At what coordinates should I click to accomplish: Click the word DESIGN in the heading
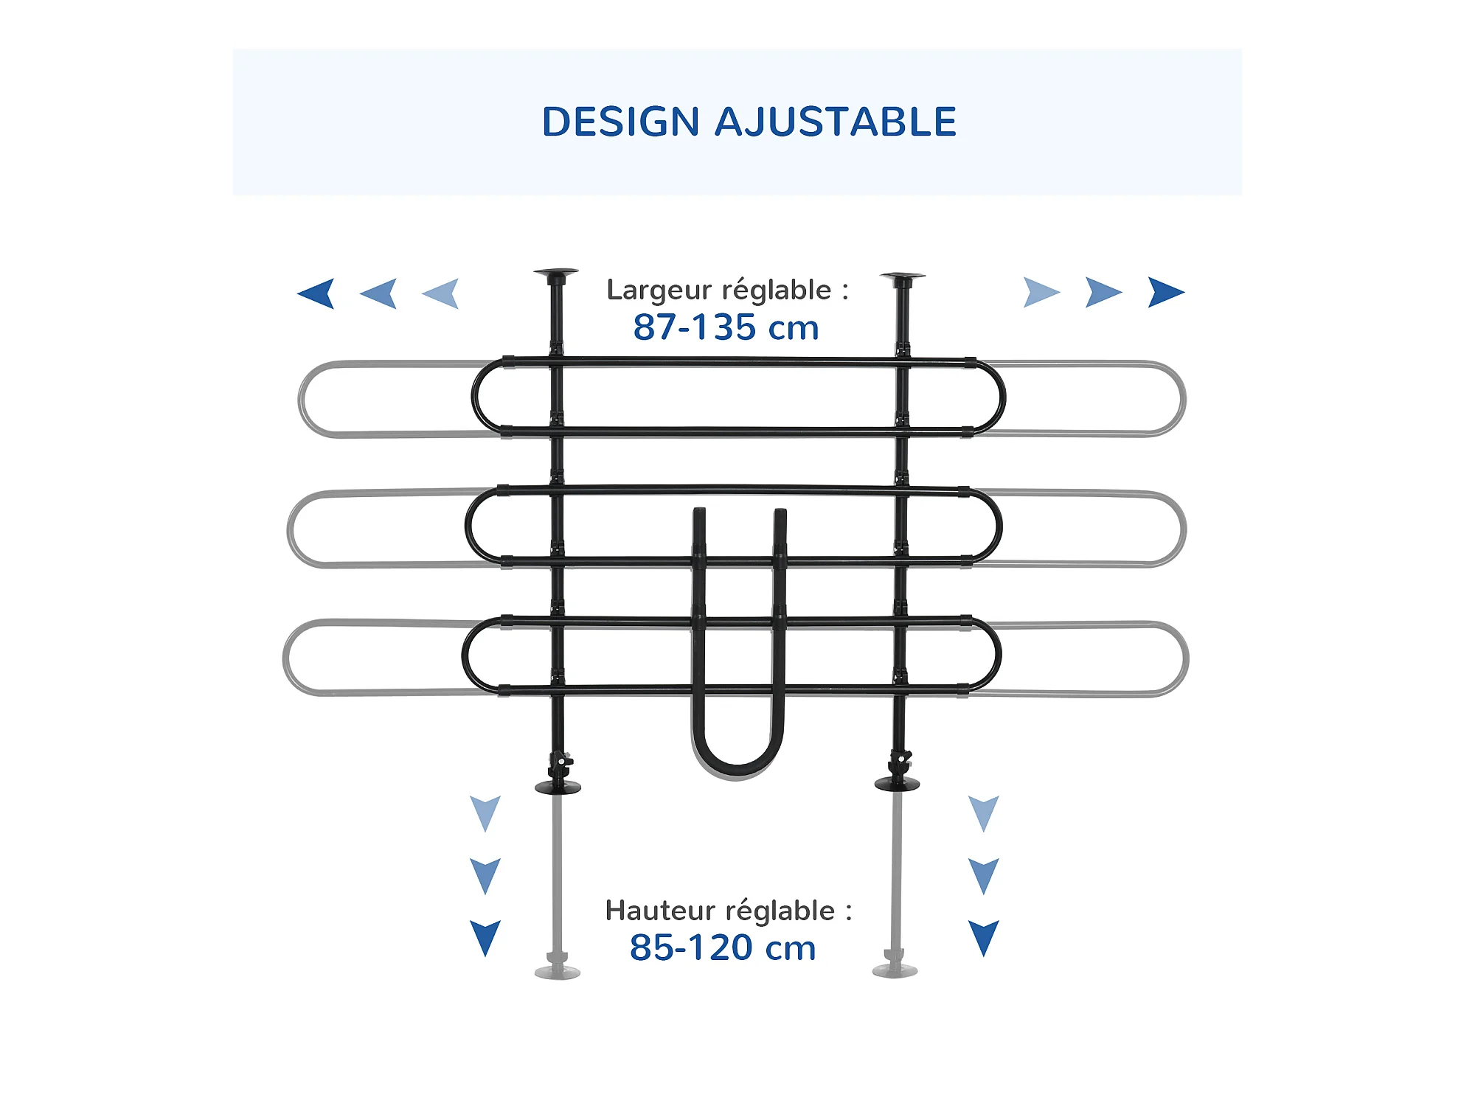pos(620,122)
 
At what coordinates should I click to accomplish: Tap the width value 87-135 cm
pos(726,327)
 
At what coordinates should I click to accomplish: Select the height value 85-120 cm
pos(723,947)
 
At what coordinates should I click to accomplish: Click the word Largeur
pos(648,290)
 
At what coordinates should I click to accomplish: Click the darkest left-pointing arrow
pos(317,293)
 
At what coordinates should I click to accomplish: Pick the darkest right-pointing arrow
pos(1165,292)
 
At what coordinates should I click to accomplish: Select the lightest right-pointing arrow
pos(1041,292)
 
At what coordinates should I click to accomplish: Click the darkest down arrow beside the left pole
pos(485,937)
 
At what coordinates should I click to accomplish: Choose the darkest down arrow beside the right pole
pos(983,937)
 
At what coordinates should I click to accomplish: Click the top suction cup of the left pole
pos(556,274)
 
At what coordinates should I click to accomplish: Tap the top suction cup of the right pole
pos(902,278)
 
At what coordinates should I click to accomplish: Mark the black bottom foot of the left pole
pos(558,787)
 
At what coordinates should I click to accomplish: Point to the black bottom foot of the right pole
pos(897,783)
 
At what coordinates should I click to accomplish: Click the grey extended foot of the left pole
pos(558,970)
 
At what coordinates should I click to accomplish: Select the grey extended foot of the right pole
pos(895,970)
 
